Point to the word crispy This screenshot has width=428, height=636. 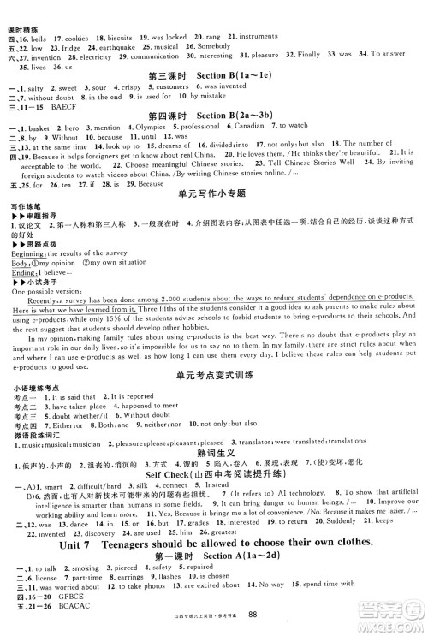(133, 86)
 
